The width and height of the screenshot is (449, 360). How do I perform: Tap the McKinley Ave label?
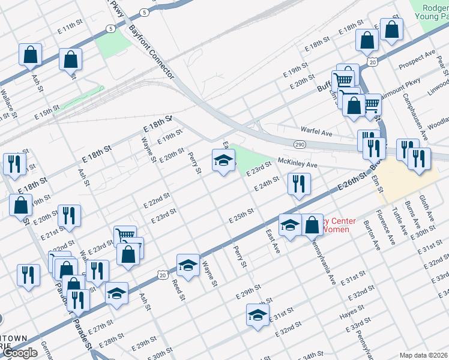tap(297, 163)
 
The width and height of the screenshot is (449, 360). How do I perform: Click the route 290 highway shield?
tap(300, 144)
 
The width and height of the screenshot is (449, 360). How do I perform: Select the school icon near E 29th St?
tap(258, 315)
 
